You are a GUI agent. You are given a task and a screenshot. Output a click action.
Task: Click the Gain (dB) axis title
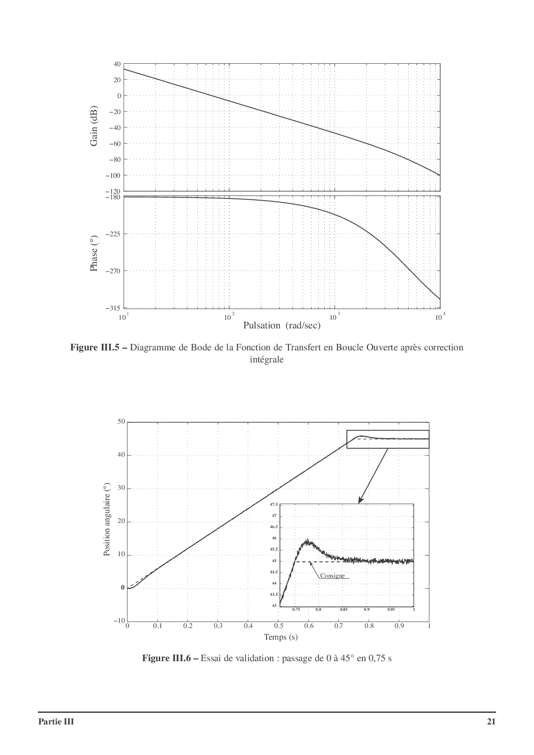coord(94,125)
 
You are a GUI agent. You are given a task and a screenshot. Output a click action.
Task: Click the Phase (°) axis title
coord(94,254)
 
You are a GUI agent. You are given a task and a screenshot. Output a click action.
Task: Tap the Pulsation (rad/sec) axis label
coord(282,325)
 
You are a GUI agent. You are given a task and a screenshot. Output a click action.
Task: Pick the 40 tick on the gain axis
coord(117,64)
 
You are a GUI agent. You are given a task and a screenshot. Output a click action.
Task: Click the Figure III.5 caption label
coord(99,347)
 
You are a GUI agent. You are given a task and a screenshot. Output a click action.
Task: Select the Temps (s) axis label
coord(281,637)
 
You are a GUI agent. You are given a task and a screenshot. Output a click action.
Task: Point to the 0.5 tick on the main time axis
coord(279,626)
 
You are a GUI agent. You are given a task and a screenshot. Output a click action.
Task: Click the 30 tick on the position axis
coord(121,488)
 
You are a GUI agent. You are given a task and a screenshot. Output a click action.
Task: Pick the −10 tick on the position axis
coord(119,621)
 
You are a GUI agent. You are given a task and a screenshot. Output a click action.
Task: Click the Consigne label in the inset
coord(332,576)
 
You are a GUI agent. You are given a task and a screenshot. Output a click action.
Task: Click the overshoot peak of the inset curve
coord(307,540)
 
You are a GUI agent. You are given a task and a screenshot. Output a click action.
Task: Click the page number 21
coord(491,721)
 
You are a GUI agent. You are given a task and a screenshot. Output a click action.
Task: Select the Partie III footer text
coord(56,721)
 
